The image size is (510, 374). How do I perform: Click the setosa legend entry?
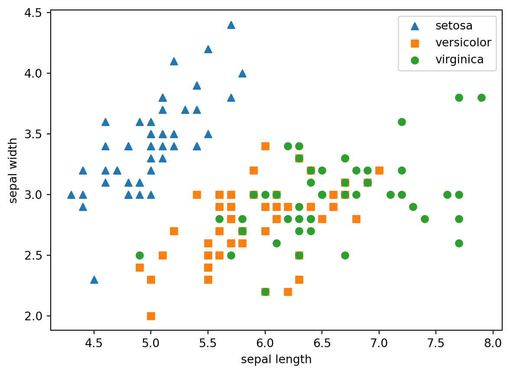[x=454, y=26]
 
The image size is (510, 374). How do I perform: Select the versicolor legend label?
[x=463, y=42]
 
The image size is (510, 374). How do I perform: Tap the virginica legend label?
[x=459, y=60]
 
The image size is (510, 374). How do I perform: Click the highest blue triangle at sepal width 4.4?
[x=231, y=25]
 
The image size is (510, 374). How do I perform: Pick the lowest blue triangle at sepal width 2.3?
[x=94, y=280]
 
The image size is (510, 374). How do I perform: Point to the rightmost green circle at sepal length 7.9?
[x=481, y=98]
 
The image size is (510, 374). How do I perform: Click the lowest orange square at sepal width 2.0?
[x=151, y=316]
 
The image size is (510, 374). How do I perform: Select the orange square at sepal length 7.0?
[x=379, y=170]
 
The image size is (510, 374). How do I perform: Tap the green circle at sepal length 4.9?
[x=140, y=255]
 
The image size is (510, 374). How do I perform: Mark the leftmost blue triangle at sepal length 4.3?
[x=71, y=195]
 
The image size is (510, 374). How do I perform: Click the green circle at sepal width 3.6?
[x=402, y=122]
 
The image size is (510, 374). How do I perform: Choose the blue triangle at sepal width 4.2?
[x=208, y=49]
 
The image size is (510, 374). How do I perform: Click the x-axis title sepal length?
[x=276, y=359]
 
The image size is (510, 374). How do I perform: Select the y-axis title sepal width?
[x=13, y=170]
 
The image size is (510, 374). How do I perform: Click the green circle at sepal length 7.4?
[x=425, y=219]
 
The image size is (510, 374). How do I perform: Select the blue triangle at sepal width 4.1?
[x=174, y=61]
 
